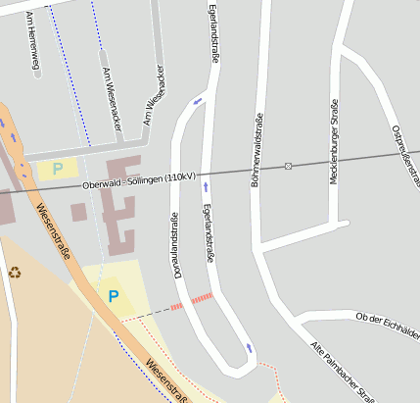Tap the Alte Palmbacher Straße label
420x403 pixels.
pyautogui.click(x=343, y=372)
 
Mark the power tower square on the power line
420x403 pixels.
pyautogui.click(x=288, y=166)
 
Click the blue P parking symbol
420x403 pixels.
pyautogui.click(x=114, y=295)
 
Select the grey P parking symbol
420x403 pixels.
pyautogui.click(x=58, y=168)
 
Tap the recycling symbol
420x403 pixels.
pyautogui.click(x=15, y=272)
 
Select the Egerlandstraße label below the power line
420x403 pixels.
pyautogui.click(x=208, y=232)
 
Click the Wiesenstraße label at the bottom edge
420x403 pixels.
pyautogui.click(x=166, y=381)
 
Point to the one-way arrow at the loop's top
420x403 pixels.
pyautogui.click(x=199, y=99)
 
